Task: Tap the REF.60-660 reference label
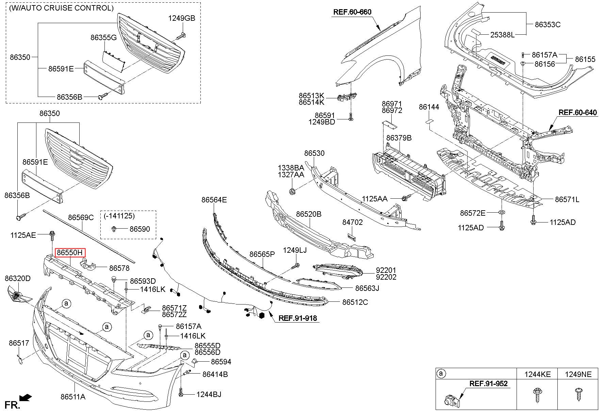(x=352, y=12)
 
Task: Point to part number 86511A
(x=73, y=397)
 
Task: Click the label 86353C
(x=548, y=24)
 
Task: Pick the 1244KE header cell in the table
(x=537, y=374)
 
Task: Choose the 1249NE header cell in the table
(x=578, y=374)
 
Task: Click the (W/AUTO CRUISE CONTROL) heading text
(x=61, y=8)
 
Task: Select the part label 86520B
(x=309, y=214)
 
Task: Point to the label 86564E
(x=214, y=200)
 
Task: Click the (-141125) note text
(x=117, y=216)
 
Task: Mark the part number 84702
(x=352, y=222)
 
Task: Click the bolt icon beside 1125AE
(x=52, y=235)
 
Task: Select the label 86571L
(x=567, y=200)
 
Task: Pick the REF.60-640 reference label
(x=578, y=113)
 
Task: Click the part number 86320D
(x=17, y=279)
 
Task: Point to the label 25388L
(x=502, y=35)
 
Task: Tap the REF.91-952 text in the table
(x=488, y=384)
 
